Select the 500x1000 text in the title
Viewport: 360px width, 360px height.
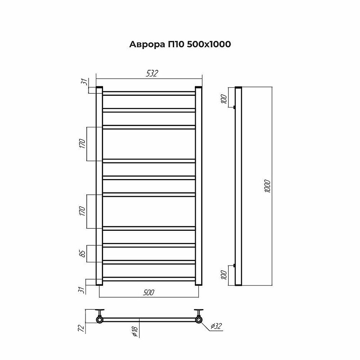[x=209, y=44]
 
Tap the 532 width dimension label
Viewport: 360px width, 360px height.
[x=152, y=73]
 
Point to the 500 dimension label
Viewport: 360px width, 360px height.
[x=148, y=292]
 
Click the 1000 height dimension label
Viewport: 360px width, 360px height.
[x=267, y=186]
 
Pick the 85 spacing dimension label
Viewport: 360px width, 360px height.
[x=83, y=253]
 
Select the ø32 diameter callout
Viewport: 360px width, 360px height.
[x=216, y=326]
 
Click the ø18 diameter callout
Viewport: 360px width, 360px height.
[x=135, y=332]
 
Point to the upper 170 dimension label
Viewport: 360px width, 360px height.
[x=83, y=144]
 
